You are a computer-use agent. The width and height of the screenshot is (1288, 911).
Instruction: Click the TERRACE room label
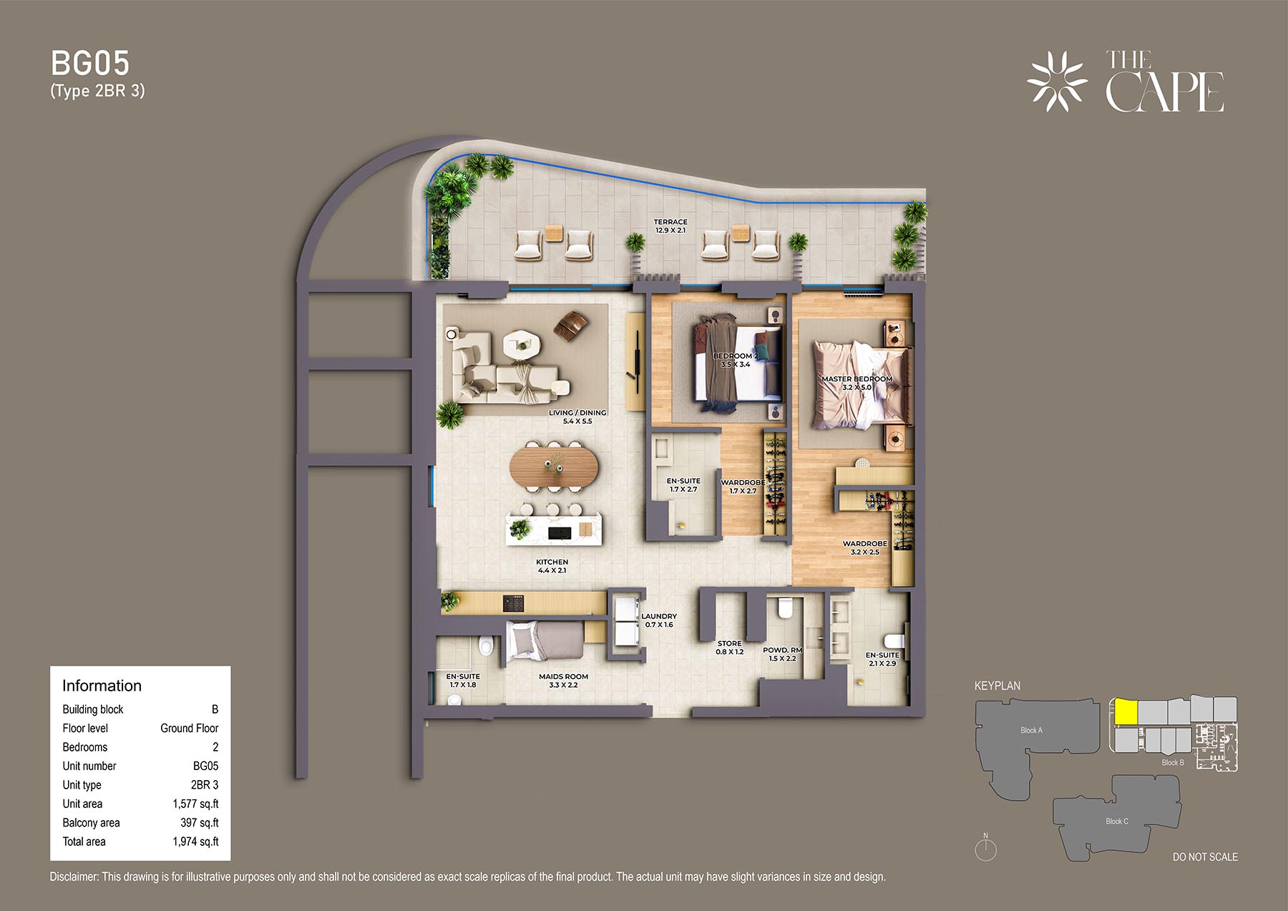pos(670,222)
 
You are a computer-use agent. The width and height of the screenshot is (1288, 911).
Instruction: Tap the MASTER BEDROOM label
pos(857,379)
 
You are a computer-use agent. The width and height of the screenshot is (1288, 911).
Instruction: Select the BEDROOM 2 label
pos(735,356)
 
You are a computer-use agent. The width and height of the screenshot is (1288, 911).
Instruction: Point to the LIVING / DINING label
pos(577,413)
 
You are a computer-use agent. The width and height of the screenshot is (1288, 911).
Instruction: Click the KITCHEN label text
pos(552,562)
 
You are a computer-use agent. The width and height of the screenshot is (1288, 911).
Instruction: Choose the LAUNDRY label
pos(659,616)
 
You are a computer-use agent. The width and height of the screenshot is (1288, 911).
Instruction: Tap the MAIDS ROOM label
pos(563,676)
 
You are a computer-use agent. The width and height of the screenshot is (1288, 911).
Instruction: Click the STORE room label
pos(730,643)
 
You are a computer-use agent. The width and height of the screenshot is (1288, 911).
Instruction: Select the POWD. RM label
pos(782,650)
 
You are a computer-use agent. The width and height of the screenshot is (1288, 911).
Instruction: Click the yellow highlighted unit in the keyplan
pos(1124,712)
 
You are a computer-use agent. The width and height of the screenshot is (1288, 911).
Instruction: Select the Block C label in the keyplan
pos(1117,821)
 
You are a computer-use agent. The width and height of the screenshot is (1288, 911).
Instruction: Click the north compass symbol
pos(986,849)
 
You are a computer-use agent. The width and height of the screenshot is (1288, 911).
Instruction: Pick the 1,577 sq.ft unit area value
pos(195,804)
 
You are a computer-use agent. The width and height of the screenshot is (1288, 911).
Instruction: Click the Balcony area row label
pos(91,823)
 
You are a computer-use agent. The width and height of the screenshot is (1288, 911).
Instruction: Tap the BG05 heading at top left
pos(90,64)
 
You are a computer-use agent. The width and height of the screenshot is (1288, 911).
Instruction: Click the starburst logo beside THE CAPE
pos(1057,82)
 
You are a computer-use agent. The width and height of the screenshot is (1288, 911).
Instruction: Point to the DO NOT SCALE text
pos(1205,857)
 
